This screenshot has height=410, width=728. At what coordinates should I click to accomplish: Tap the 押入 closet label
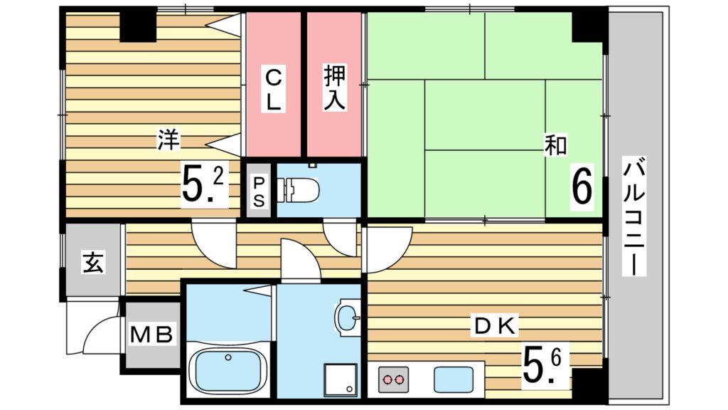pyautogui.click(x=334, y=88)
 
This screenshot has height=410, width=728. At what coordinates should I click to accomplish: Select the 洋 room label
pyautogui.click(x=168, y=140)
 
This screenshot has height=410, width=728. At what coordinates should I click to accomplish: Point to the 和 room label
pyautogui.click(x=555, y=145)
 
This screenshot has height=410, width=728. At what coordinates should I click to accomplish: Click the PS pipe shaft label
pyautogui.click(x=259, y=191)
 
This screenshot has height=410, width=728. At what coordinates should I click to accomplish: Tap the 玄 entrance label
pyautogui.click(x=94, y=263)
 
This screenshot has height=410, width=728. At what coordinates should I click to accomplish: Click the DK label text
pyautogui.click(x=496, y=327)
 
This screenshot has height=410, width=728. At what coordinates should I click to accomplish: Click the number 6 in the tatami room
pyautogui.click(x=582, y=187)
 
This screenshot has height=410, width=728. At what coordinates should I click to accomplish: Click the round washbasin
pyautogui.click(x=348, y=315)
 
